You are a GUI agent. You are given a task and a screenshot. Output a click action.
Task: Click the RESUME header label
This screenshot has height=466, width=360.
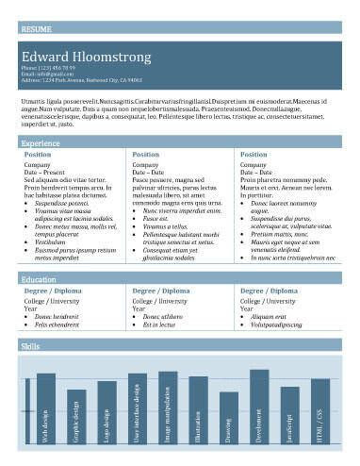pos(37,29)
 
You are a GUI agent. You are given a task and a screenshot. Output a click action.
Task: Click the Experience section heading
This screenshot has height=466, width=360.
pos(41,142)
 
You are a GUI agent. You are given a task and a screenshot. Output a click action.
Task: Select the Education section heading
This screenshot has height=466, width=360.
pos(39,280)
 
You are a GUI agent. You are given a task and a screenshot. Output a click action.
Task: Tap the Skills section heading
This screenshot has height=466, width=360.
pos(30,347)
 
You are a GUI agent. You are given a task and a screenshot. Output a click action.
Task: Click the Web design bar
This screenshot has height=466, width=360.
pos(46,408)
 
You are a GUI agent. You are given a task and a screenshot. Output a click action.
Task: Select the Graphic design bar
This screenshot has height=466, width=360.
pos(76,416)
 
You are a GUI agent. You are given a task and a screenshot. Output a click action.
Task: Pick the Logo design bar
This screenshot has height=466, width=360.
pos(106,412)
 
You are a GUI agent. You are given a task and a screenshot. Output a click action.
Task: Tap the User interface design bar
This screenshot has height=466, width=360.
pos(138,408)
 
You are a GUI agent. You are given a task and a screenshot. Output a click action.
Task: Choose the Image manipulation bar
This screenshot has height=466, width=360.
pos(168,408)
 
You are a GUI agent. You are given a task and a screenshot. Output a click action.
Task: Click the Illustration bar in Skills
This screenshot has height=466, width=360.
pos(198,410)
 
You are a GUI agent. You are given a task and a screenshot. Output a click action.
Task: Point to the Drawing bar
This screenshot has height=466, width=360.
pos(229,418)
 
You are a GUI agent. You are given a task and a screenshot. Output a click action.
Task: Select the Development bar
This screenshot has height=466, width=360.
pos(259,407)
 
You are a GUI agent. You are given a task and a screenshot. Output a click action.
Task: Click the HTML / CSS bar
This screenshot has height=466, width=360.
pos(320,411)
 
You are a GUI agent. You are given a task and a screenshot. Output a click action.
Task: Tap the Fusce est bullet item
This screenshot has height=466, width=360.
pos(155,218)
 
